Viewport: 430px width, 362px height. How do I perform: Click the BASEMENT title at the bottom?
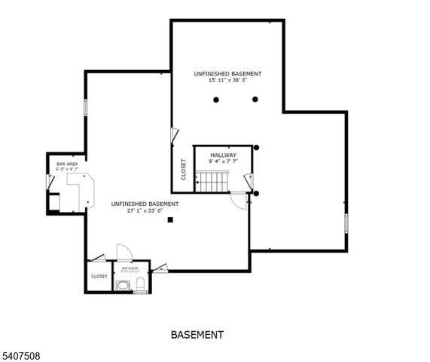[x=197, y=334]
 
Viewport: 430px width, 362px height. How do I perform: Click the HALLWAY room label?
[x=223, y=155]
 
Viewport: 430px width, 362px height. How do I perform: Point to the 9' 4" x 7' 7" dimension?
[x=223, y=161]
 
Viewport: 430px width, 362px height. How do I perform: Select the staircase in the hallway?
[x=212, y=181]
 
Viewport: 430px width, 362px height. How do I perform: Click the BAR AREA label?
[x=66, y=163]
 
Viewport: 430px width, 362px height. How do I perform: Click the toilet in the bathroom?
[x=140, y=284]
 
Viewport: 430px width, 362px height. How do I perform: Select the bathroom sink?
[x=123, y=285]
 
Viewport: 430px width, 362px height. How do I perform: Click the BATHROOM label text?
[x=130, y=268]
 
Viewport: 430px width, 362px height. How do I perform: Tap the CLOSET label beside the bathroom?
[x=99, y=276]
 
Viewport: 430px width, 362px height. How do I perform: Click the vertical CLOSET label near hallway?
[x=183, y=168]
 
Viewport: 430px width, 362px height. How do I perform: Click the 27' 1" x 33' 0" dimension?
[x=145, y=210]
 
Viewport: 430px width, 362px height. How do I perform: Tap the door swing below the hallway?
[x=239, y=199]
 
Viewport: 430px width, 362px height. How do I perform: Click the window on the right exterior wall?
[x=346, y=225]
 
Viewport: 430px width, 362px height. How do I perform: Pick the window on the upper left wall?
[x=86, y=106]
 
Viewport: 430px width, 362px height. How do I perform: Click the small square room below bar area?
[x=54, y=203]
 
